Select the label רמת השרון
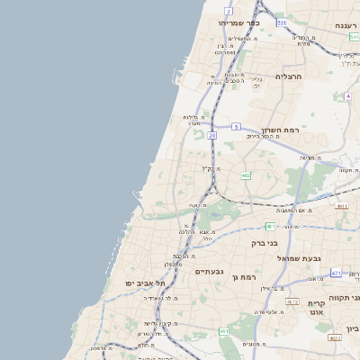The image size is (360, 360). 279,130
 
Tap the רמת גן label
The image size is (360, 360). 245,277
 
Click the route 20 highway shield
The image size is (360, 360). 212,135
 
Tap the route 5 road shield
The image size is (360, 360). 234,128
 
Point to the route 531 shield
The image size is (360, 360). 282,22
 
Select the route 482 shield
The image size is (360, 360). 246,175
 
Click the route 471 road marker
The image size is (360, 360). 336,273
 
